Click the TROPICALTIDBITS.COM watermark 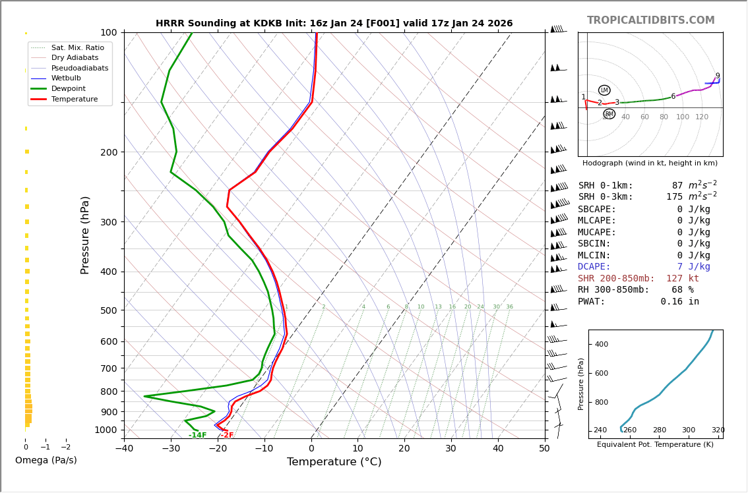[x=650, y=20]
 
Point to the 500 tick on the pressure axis [x=109, y=310]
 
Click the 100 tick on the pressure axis [x=109, y=32]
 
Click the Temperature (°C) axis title [x=334, y=462]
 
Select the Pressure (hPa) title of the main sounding [x=86, y=235]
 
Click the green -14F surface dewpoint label [x=197, y=436]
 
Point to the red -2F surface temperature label [x=227, y=436]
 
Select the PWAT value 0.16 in [x=679, y=302]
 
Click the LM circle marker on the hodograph [x=604, y=90]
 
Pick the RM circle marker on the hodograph [x=609, y=114]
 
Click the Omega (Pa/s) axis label [x=46, y=461]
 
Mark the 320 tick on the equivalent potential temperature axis [x=718, y=430]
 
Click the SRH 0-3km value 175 [x=674, y=197]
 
